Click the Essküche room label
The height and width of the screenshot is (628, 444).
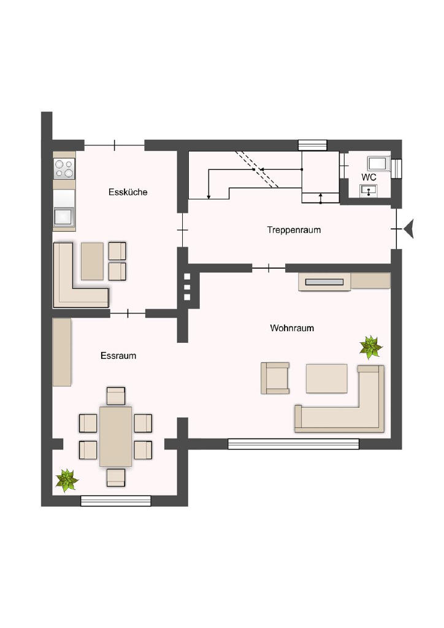[x=128, y=192]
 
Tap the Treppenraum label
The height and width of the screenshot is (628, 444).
[x=294, y=230]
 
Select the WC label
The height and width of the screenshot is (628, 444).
[x=369, y=177]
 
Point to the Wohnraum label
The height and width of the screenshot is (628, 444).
[x=292, y=328]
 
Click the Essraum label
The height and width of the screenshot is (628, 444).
[x=118, y=356]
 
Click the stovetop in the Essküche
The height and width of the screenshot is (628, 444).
[x=64, y=168]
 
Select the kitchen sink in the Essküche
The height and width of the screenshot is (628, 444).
[x=64, y=216]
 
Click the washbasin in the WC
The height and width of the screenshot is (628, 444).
[x=369, y=191]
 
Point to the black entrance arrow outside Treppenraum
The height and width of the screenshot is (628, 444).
[x=409, y=229]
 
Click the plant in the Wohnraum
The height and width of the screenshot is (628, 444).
[x=371, y=347]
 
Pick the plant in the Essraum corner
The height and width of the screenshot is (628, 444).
[x=67, y=481]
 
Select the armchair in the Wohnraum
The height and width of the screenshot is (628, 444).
[x=275, y=378]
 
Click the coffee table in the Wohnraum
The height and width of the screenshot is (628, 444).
[x=327, y=378]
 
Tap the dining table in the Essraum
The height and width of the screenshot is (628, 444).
[x=116, y=437]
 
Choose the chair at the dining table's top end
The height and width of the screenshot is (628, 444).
[x=116, y=396]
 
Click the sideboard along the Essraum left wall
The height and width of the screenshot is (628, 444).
[x=62, y=352]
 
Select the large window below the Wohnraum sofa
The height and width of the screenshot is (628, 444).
[x=294, y=444]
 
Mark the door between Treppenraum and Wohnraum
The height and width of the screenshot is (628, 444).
[x=269, y=268]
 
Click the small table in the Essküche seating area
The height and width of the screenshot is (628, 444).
[x=92, y=261]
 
